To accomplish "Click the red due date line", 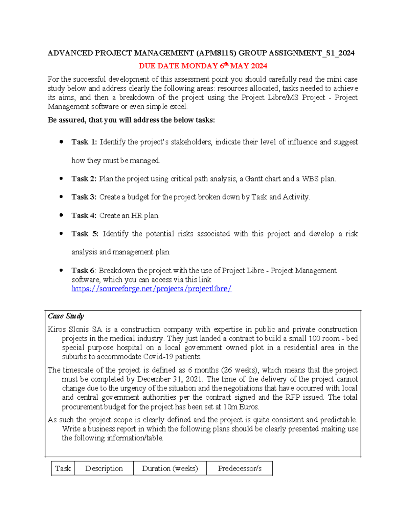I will click(203, 66).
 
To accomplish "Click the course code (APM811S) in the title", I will click(217, 53).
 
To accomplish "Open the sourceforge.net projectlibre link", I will click(152, 289).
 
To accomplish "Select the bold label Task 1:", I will click(84, 142).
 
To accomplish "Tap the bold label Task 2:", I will click(84, 179).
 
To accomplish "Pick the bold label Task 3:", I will click(84, 197).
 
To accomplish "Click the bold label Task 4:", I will click(84, 215).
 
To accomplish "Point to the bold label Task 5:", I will click(85, 234).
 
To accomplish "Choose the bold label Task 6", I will click(83, 271).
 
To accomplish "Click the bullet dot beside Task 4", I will click(61, 215).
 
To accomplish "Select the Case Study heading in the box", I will click(66, 316).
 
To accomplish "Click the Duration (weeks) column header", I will click(170, 468).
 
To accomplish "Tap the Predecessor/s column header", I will click(240, 468).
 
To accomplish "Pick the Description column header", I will click(104, 468).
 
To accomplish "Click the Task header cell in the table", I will click(63, 468).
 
